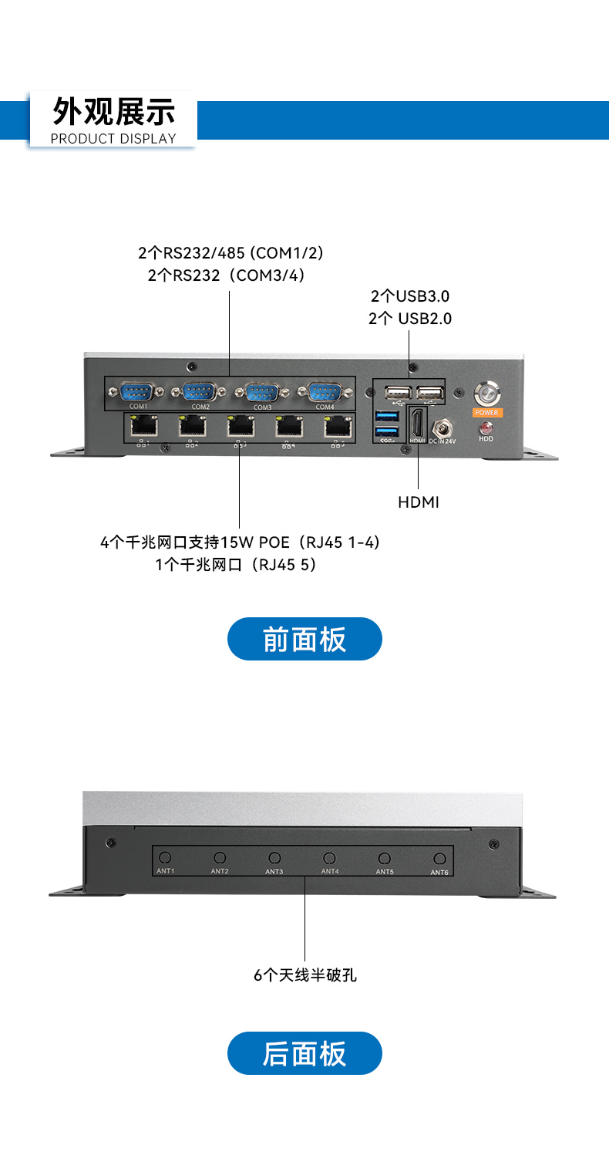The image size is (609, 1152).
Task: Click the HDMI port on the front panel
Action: click(417, 423)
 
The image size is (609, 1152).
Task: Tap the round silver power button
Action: click(486, 392)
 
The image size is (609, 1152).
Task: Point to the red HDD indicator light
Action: click(486, 427)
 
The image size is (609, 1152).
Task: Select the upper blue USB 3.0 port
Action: click(386, 417)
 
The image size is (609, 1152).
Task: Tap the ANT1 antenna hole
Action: click(165, 858)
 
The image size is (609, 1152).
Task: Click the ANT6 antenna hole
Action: click(439, 859)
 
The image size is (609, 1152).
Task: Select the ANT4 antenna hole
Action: click(329, 858)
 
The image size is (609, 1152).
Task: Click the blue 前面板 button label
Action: click(304, 639)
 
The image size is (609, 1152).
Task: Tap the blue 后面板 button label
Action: click(304, 1053)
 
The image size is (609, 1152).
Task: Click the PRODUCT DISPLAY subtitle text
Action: click(113, 139)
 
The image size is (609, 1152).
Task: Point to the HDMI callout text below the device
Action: click(419, 502)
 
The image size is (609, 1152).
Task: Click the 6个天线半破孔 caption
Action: click(305, 975)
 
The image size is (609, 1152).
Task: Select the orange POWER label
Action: click(487, 413)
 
